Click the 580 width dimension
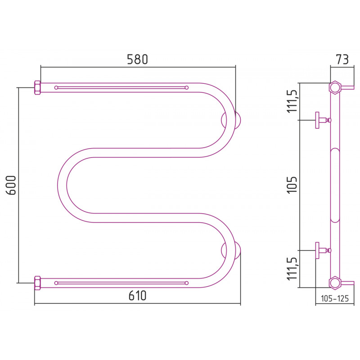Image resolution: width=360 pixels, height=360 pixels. pyautogui.click(x=137, y=59)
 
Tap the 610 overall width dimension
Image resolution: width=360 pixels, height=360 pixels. pyautogui.click(x=137, y=296)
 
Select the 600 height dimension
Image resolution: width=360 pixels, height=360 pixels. pyautogui.click(x=11, y=185)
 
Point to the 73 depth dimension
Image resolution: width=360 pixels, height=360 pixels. pyautogui.click(x=342, y=59)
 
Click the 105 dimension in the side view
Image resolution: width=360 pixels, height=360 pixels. pyautogui.click(x=292, y=185)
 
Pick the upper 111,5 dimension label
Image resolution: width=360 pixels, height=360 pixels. pyautogui.click(x=292, y=101)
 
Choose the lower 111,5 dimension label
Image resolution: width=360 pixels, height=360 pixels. pyautogui.click(x=292, y=269)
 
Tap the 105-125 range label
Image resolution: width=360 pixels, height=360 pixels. pyautogui.click(x=334, y=298)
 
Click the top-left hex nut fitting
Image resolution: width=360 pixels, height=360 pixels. pyautogui.click(x=37, y=87)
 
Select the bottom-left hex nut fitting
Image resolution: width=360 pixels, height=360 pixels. pyautogui.click(x=37, y=283)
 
